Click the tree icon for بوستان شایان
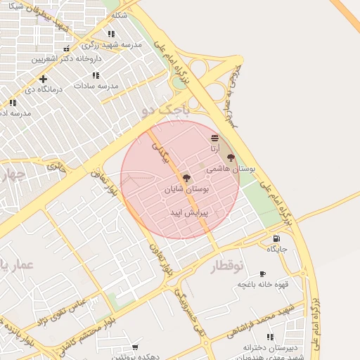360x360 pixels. (x=186, y=179)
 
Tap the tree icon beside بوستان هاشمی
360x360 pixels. (x=231, y=157)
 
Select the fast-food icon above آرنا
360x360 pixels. (x=214, y=139)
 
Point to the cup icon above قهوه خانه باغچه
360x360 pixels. (x=262, y=274)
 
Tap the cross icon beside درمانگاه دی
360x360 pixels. (x=44, y=79)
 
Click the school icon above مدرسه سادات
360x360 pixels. (x=96, y=75)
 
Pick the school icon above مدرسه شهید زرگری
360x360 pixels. (x=111, y=34)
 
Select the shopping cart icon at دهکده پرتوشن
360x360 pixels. (x=135, y=347)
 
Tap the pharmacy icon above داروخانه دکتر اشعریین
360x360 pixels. (x=66, y=49)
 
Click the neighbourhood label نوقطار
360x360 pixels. (x=226, y=266)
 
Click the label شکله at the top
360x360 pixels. (x=120, y=15)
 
